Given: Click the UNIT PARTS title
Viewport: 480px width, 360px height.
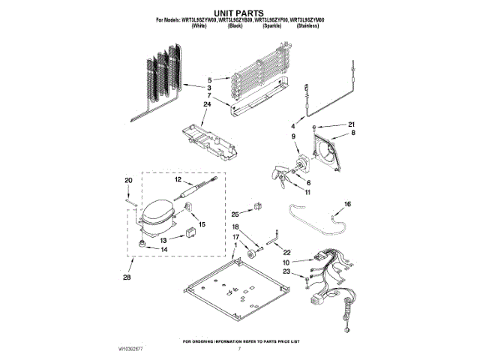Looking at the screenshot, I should [x=240, y=13].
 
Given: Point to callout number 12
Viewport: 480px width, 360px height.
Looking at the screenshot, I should [x=178, y=180].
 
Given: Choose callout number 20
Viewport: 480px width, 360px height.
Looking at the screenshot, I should [x=128, y=181].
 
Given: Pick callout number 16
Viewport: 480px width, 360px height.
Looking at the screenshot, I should [x=347, y=204].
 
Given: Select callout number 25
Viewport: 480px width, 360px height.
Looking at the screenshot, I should [x=235, y=214].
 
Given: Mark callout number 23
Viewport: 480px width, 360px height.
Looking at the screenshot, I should [x=286, y=271].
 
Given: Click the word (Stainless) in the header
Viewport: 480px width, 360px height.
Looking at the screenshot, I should [x=305, y=25].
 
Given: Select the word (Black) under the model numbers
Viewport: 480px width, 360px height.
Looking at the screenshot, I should [x=235, y=25].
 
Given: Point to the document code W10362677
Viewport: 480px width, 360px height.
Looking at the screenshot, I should [x=133, y=349].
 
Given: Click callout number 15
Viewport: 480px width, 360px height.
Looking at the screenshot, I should [x=202, y=224].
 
